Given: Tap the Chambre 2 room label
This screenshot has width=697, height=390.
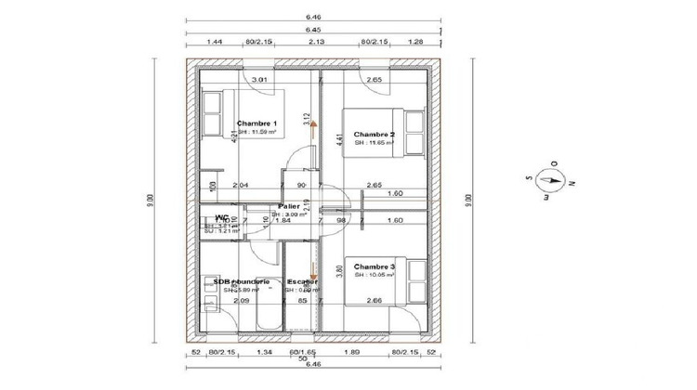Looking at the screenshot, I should coord(375,135).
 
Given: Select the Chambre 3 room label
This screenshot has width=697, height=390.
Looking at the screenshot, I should coord(375,267).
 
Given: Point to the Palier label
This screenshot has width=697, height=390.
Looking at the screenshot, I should coord(288,206).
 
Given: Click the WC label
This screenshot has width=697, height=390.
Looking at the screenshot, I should coord(222,217).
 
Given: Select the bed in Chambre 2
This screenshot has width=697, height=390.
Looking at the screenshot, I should coord(409,135).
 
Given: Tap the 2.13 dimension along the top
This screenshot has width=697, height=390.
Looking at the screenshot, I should coord(315,42).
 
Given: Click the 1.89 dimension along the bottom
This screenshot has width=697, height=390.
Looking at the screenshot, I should coord(352,353).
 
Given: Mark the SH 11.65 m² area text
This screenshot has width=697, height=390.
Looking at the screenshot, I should coord(375,143).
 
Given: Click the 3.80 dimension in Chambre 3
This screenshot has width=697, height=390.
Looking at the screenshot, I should coord(338,274).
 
